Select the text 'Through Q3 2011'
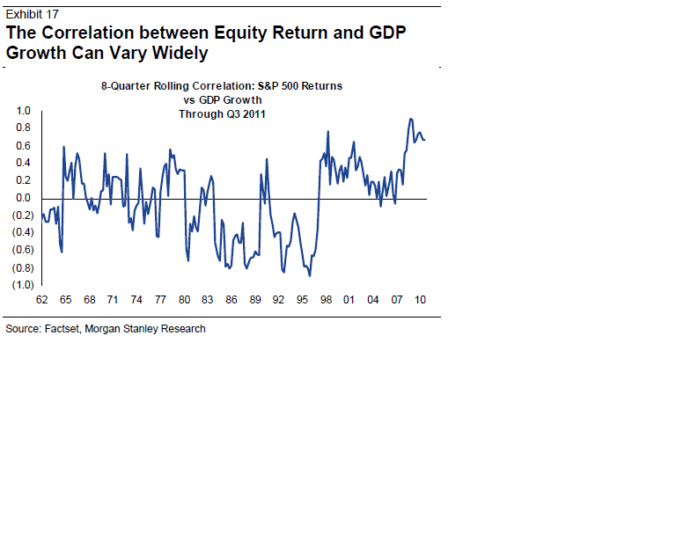222,114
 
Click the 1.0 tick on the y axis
23,111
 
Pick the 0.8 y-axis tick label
23,128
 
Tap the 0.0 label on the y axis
23,198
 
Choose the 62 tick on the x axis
41,300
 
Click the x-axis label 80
183,300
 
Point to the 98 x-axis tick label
326,300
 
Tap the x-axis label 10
421,300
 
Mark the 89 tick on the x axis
254,300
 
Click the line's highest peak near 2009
410,119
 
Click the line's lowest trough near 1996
310,275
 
